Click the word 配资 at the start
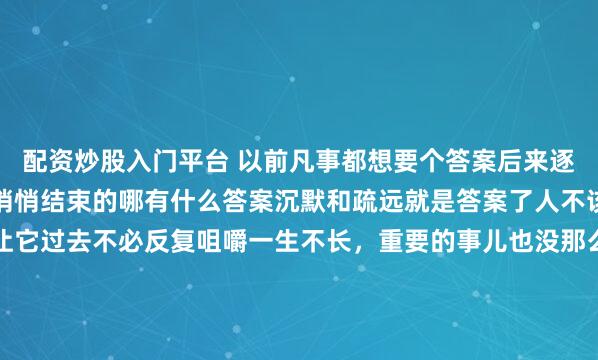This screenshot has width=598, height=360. (x=43, y=157)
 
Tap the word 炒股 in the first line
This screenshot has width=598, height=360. (x=87, y=157)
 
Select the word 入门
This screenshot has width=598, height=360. (x=131, y=157)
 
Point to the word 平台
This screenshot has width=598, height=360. (x=175, y=157)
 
